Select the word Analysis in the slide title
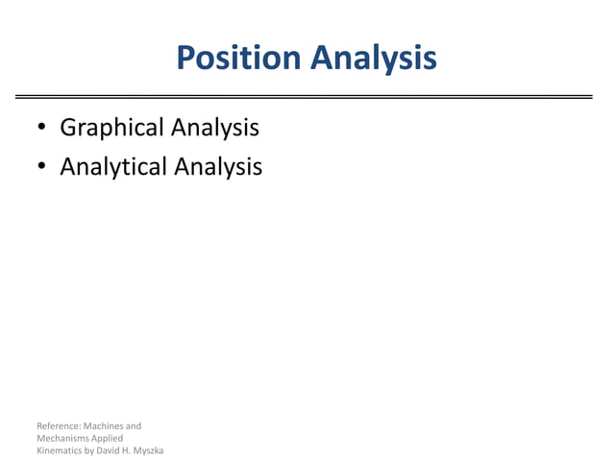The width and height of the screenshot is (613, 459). click(372, 59)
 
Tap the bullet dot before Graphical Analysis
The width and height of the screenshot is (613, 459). click(41, 129)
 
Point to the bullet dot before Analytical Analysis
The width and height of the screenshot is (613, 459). click(41, 168)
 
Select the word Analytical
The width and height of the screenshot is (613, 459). click(113, 167)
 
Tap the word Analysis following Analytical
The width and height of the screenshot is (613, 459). click(218, 167)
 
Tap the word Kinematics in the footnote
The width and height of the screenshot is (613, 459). click(60, 450)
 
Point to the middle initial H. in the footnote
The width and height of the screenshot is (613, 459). click(130, 450)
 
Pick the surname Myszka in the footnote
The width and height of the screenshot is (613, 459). click(150, 450)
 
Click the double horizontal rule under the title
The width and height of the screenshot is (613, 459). click(306, 97)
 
